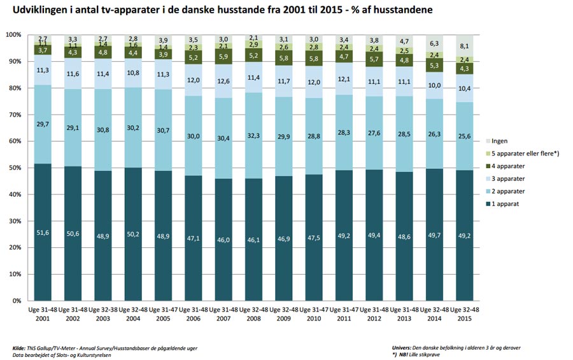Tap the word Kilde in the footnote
point(20,347)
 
